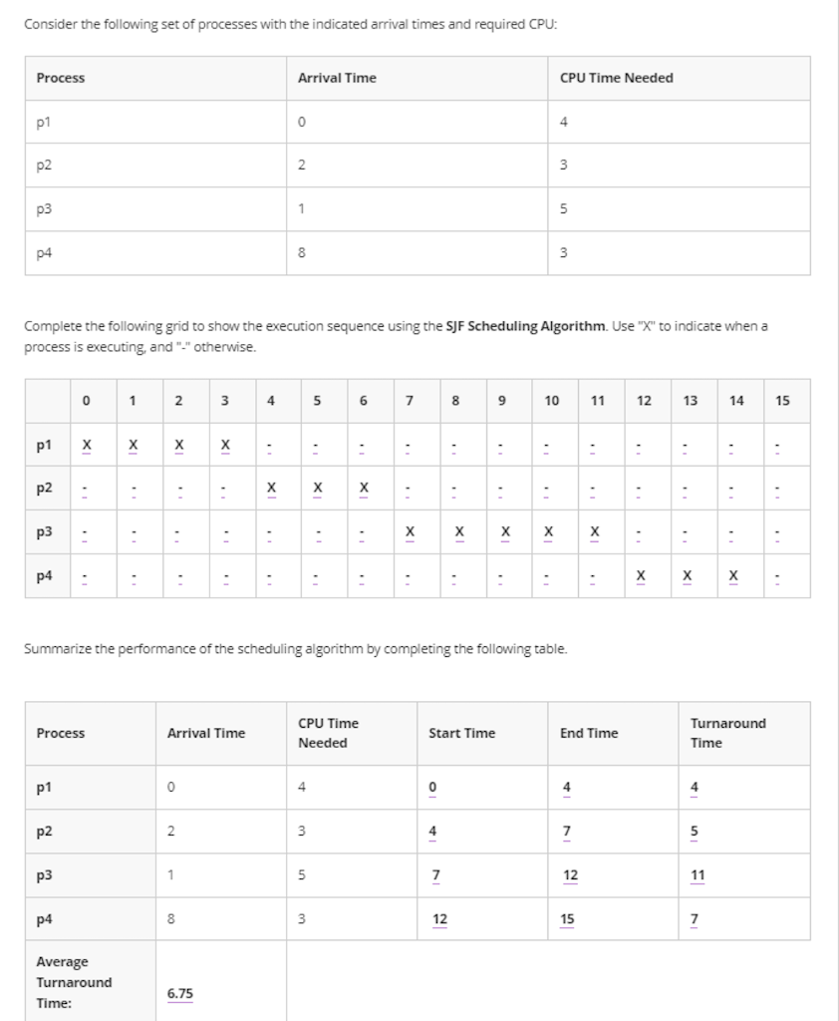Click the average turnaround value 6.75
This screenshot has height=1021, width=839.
[x=180, y=993]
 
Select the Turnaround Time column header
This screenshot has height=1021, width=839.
[x=727, y=733]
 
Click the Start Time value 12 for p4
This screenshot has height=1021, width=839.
[x=439, y=918]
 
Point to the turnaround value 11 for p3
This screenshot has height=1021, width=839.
[x=698, y=874]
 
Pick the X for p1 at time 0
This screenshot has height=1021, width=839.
[x=87, y=444]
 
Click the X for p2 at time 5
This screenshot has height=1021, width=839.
[x=317, y=488]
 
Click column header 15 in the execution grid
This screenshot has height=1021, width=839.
[x=782, y=401]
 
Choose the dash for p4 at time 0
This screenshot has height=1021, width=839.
[x=87, y=575]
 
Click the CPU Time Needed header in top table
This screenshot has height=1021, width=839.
[x=616, y=78]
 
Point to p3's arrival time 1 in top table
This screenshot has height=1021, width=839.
[x=301, y=209]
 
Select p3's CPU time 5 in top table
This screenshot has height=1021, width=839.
[x=564, y=209]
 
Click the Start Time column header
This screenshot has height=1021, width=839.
[x=461, y=733]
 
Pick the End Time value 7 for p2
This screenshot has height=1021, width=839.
[x=566, y=831]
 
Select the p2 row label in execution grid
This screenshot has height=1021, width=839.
[x=44, y=488]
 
